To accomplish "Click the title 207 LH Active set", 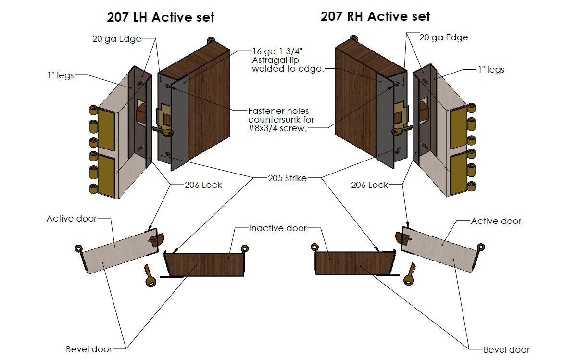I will [x=161, y=18].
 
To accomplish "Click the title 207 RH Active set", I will [x=375, y=16].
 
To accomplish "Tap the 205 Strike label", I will [x=287, y=178].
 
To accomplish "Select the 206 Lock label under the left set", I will [x=203, y=185].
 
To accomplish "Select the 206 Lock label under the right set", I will [x=369, y=185].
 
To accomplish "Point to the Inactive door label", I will [x=277, y=228].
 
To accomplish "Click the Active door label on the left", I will [x=72, y=219].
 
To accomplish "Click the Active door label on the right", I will [x=496, y=221].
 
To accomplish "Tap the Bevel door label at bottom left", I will [x=89, y=349].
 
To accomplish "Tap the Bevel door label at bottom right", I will [x=506, y=349].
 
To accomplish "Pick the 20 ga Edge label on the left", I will [x=117, y=39].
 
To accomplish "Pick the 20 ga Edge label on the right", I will [x=443, y=37].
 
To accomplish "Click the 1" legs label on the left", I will [x=60, y=75].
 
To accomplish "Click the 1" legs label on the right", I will [x=491, y=70].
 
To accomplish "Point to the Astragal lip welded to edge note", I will [x=288, y=60].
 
